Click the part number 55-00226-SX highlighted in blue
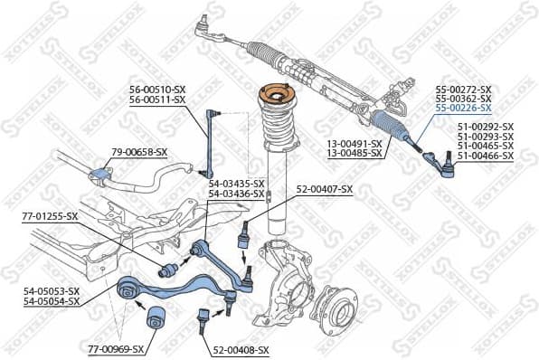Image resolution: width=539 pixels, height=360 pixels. coord(462,108)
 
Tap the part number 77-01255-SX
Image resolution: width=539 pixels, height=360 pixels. coord(50,216)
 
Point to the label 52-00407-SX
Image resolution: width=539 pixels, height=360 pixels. coord(324,188)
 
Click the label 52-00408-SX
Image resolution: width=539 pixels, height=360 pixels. coord(241,350)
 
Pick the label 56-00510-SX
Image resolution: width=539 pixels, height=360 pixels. coord(156,90)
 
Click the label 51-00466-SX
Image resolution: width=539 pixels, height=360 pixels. coord(485,156)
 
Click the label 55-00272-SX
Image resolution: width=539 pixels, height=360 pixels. coord(462,90)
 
